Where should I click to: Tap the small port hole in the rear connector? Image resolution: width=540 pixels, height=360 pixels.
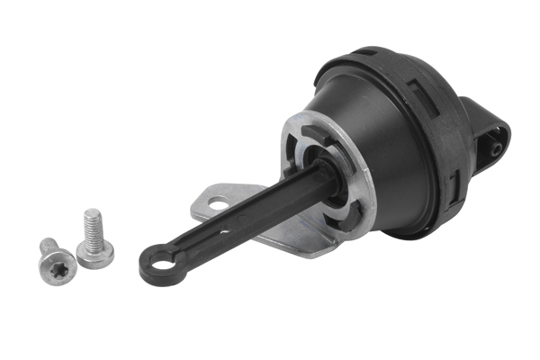coord(495,142)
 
